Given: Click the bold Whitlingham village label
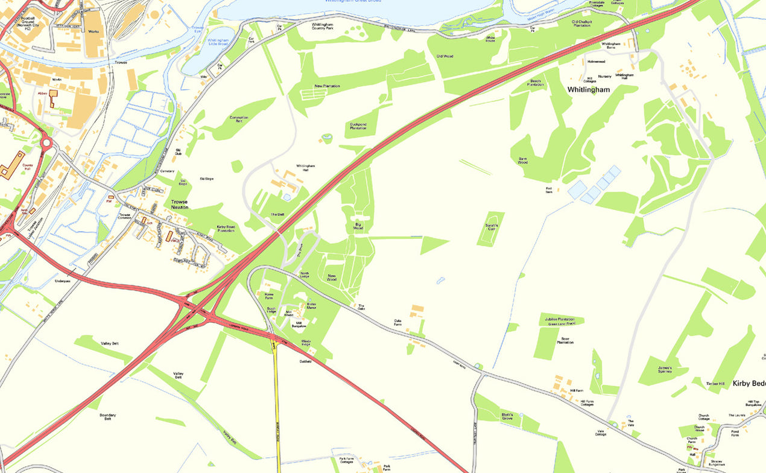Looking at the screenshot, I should click(588, 89).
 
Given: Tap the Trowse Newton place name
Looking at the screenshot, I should click(179, 205).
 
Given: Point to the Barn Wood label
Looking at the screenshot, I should click(522, 160).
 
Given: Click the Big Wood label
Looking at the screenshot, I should click(358, 227).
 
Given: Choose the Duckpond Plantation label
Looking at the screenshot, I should click(358, 126).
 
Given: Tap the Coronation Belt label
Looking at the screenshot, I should click(239, 119).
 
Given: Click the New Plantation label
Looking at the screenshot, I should click(327, 86).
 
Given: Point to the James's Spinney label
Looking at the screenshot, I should click(665, 369).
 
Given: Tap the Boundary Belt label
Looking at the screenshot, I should click(109, 417).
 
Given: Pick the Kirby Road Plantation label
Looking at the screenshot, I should click(226, 229).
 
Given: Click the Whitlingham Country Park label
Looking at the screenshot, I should click(327, 27).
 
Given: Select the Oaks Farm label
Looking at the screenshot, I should click(397, 323).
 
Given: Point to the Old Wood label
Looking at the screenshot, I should click(445, 56).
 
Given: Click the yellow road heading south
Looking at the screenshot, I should click(277, 410).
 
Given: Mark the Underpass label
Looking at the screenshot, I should click(63, 281).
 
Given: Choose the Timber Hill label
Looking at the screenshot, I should click(716, 384).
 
